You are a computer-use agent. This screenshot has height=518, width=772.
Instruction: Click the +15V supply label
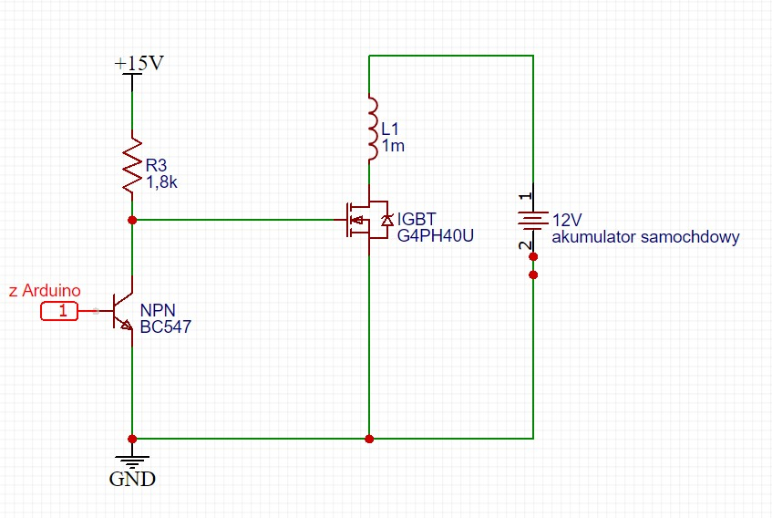[140, 64]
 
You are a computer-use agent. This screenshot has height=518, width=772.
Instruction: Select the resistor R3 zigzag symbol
[133, 165]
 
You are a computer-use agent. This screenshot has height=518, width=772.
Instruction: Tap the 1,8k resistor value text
[161, 182]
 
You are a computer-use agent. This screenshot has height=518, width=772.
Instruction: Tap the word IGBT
[417, 220]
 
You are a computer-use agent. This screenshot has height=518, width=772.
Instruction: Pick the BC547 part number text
[165, 327]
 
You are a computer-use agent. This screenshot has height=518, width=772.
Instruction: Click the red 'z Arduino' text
[44, 291]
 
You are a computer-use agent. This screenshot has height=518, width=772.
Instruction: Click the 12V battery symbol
[533, 220]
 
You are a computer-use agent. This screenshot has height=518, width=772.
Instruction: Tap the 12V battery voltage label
[567, 221]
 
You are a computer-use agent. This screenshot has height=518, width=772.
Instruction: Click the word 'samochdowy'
[695, 237]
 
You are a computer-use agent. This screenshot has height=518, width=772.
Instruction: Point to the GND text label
[132, 479]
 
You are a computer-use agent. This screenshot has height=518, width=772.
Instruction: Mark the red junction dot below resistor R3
[133, 220]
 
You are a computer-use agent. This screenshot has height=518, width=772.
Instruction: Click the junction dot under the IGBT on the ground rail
[369, 439]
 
